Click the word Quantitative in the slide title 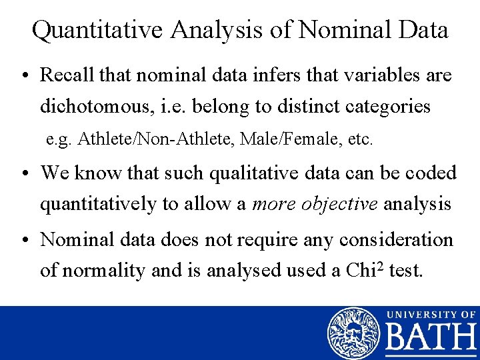pyautogui.click(x=99, y=30)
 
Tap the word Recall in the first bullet pyautogui.click(x=67, y=75)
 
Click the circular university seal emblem pyautogui.click(x=353, y=332)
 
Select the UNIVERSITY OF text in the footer pyautogui.click(x=431, y=313)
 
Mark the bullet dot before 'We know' pyautogui.click(x=25, y=173)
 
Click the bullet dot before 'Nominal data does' pyautogui.click(x=25, y=240)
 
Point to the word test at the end pyautogui.click(x=404, y=271)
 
